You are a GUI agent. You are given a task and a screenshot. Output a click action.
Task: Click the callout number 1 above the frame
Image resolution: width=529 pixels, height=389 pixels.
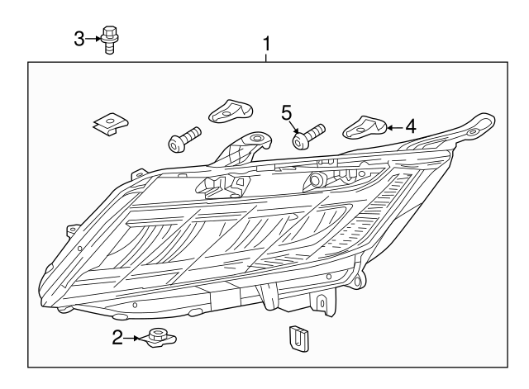(x=266, y=42)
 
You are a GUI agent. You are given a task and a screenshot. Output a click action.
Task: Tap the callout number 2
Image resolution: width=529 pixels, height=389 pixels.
(x=117, y=336)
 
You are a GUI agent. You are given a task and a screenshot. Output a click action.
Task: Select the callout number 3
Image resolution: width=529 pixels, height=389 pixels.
(x=79, y=37)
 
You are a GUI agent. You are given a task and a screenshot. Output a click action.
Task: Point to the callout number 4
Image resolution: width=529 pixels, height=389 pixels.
(x=411, y=126)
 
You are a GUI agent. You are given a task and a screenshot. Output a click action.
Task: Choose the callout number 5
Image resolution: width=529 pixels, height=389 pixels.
(x=287, y=111)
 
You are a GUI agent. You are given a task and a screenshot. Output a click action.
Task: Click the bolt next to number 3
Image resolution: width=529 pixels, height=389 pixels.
(x=108, y=40)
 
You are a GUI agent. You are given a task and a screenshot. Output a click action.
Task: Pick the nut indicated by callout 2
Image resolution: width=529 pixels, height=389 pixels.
(x=155, y=338)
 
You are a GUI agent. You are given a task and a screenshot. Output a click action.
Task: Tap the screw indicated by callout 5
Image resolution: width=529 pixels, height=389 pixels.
(x=308, y=135)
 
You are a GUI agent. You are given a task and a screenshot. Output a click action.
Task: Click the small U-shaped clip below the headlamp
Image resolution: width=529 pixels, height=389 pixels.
(x=295, y=335)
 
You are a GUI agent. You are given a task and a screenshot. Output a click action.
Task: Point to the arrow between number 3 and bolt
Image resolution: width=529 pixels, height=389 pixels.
(x=93, y=37)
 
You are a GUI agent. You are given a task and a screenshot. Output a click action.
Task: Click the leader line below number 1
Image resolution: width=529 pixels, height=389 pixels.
(x=266, y=55)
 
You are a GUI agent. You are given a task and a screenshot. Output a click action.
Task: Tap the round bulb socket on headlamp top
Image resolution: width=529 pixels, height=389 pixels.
(x=315, y=180)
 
